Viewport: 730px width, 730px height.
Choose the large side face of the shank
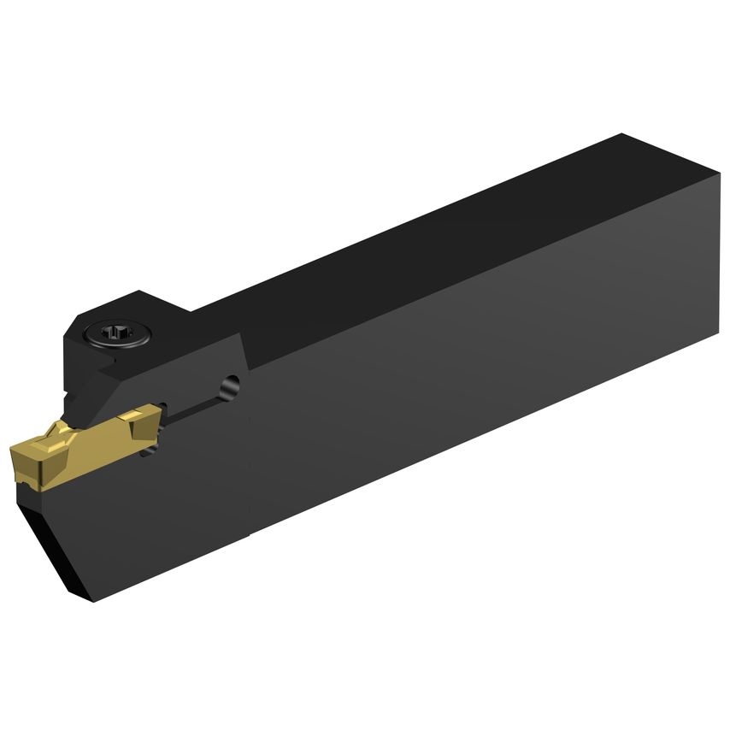click(x=479, y=402)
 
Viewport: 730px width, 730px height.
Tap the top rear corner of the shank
click(x=621, y=135)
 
